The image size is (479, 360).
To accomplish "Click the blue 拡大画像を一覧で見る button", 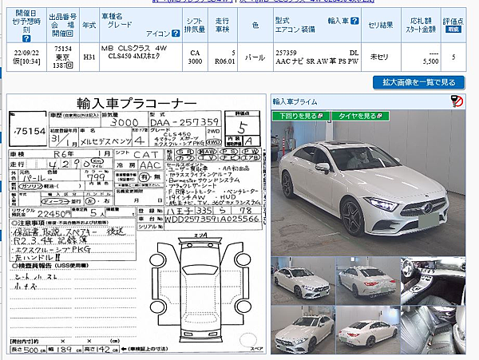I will point(418,82).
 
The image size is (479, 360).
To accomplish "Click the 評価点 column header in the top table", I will point(453,24).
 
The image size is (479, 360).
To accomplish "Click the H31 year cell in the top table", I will point(89,57).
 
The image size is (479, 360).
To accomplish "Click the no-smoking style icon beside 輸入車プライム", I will point(456,101).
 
